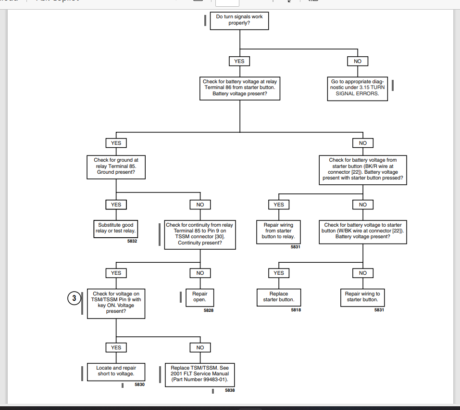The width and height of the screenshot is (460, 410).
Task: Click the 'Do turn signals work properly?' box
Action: point(239,21)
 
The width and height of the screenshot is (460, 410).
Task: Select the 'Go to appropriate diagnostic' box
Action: point(357,89)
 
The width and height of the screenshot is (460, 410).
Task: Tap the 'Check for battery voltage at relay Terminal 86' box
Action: point(240,89)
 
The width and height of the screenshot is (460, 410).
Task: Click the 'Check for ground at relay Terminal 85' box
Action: point(116,167)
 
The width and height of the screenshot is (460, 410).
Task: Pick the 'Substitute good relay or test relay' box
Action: point(115,229)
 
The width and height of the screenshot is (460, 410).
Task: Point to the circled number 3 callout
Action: point(74,298)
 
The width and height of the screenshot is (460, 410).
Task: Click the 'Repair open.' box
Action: point(200,297)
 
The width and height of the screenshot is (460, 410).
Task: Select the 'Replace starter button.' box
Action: point(279,297)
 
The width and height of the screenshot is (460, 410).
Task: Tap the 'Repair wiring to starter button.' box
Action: point(362,297)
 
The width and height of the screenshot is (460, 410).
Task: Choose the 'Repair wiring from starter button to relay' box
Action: point(278,232)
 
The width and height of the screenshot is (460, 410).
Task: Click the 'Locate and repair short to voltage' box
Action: point(116,372)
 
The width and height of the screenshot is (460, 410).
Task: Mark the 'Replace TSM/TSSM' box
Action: point(200,375)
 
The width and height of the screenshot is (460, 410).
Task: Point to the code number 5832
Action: point(132,241)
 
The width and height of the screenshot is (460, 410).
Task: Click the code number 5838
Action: point(230,390)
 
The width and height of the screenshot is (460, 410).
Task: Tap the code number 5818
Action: point(296,310)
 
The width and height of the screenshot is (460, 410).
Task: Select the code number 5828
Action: point(209,310)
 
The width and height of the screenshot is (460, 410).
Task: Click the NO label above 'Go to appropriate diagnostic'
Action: point(357,61)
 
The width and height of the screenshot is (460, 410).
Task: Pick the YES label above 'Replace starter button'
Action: point(279,273)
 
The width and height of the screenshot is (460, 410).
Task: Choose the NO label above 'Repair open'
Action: point(200,273)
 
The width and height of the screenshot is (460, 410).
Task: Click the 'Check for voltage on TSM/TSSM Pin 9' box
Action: point(116,303)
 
